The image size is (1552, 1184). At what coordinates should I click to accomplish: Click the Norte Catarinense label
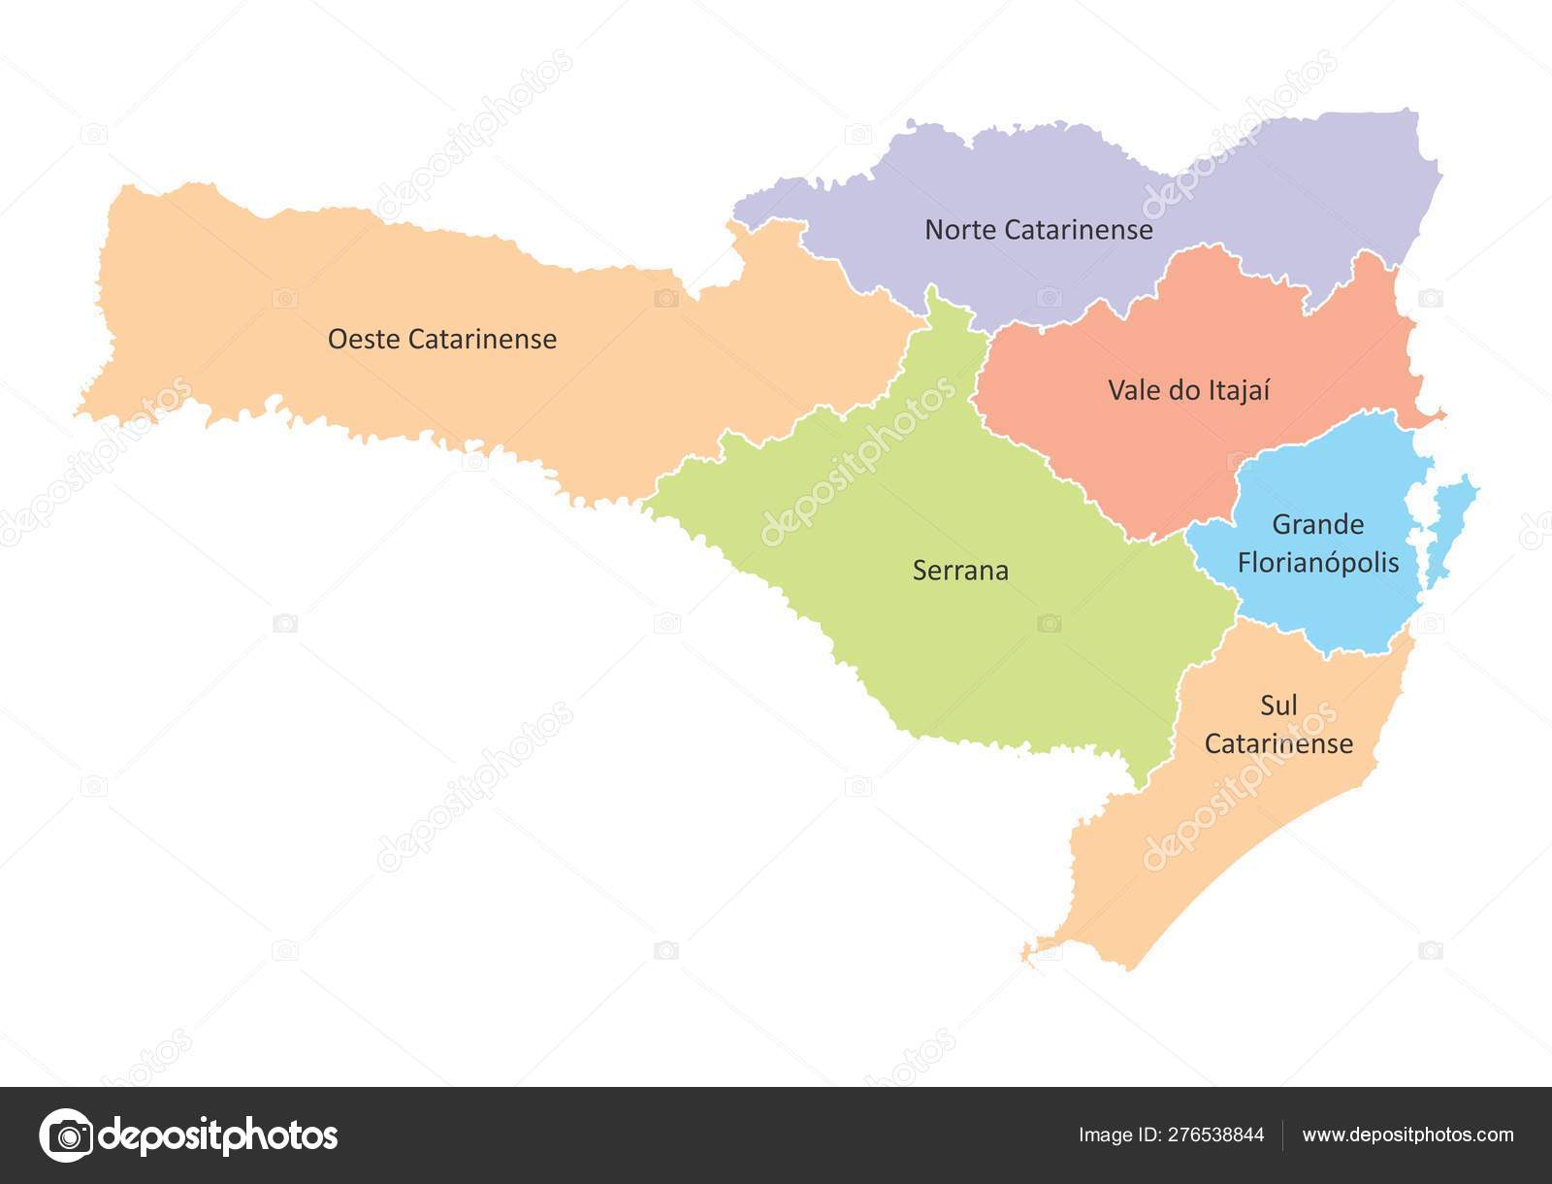(x=1038, y=230)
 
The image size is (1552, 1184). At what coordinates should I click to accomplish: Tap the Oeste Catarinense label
(x=441, y=339)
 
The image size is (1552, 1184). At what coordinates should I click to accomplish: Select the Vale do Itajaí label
(x=1188, y=390)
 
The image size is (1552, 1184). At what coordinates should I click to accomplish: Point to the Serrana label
(x=960, y=571)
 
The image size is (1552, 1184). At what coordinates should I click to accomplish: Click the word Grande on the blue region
(x=1317, y=525)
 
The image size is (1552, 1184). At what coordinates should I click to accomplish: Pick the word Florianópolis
(x=1317, y=563)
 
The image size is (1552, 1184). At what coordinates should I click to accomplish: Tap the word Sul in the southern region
(x=1278, y=706)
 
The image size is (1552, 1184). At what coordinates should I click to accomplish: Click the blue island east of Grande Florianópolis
(x=1452, y=524)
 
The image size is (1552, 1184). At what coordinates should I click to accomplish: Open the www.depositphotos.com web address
(x=1407, y=1135)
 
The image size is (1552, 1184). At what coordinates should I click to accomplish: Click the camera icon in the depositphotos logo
(x=67, y=1135)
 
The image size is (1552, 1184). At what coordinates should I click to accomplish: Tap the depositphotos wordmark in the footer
(x=218, y=1135)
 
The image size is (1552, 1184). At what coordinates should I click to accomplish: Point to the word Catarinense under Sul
(x=1278, y=744)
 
